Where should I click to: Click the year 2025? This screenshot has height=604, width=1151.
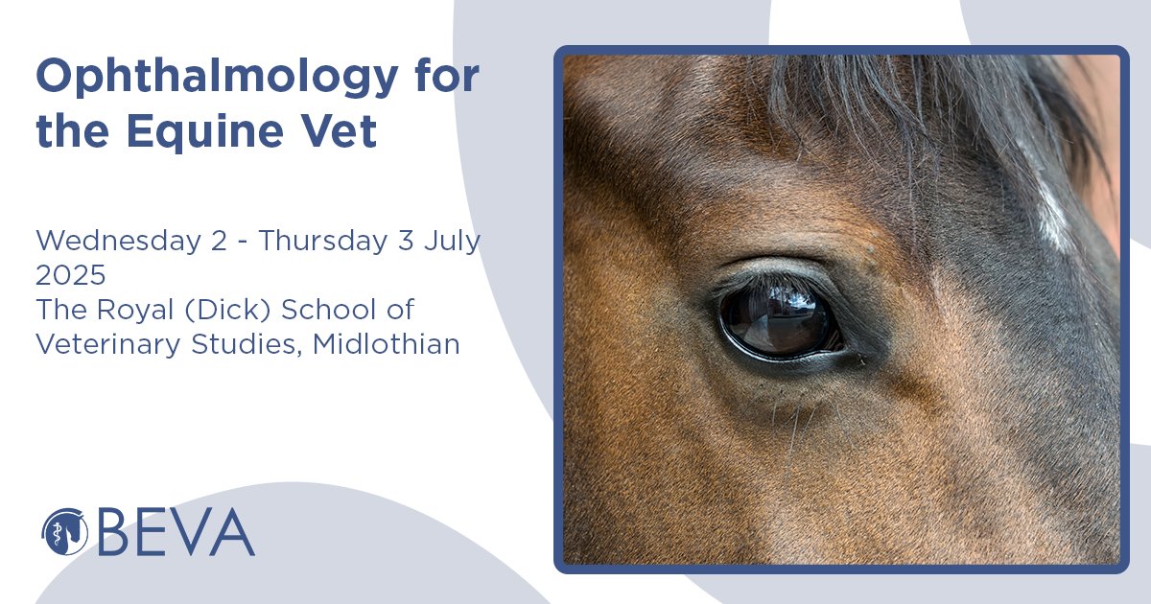[x=70, y=276]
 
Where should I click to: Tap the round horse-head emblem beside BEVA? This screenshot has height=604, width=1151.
[x=64, y=531]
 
